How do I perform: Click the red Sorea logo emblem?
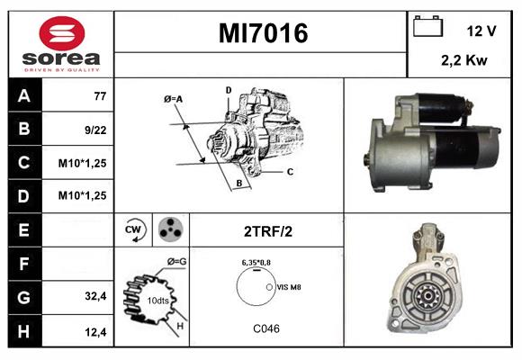(x=62, y=33)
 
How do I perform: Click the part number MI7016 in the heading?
(x=263, y=33)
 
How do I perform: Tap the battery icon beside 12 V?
(x=427, y=26)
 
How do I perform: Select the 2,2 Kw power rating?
(x=464, y=60)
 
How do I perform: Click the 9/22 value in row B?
(x=95, y=130)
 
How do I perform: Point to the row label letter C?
(x=24, y=163)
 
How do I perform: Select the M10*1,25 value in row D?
(x=82, y=195)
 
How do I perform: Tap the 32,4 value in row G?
(x=95, y=296)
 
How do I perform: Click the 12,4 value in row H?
(x=95, y=332)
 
